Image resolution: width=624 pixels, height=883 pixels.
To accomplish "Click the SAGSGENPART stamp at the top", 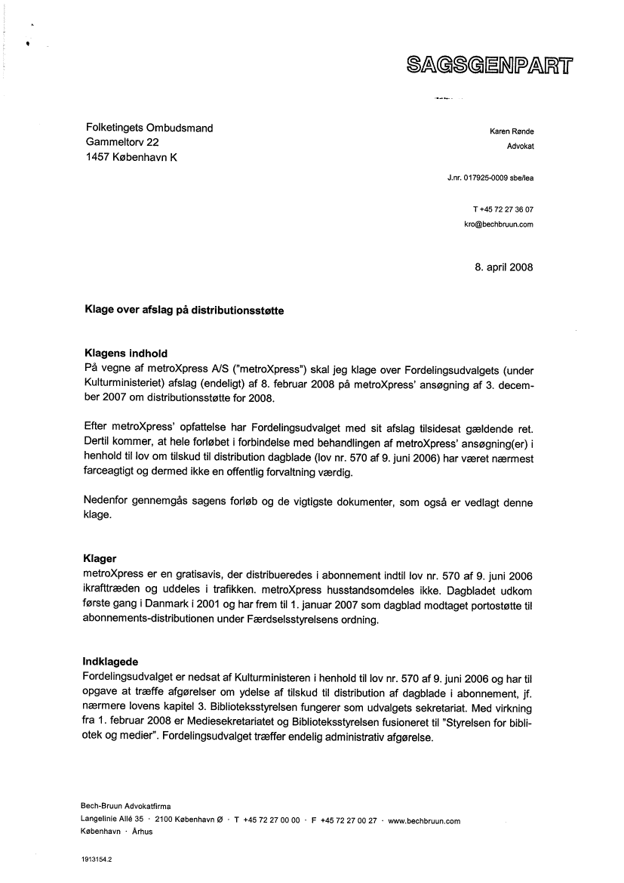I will pos(490,66).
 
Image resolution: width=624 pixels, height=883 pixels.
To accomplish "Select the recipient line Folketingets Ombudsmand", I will pos(149,128).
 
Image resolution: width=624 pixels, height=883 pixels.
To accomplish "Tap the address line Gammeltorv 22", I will pos(121,143).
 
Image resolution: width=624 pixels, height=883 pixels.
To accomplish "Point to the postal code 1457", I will pos(97,157).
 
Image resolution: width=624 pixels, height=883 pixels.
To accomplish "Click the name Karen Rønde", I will pos(512,131).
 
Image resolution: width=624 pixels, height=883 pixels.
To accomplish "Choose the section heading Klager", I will pos(100,559).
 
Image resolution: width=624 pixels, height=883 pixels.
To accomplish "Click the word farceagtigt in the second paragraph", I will pos(113,473).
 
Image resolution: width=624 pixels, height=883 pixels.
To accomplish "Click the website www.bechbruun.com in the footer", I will pos(424,821).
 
